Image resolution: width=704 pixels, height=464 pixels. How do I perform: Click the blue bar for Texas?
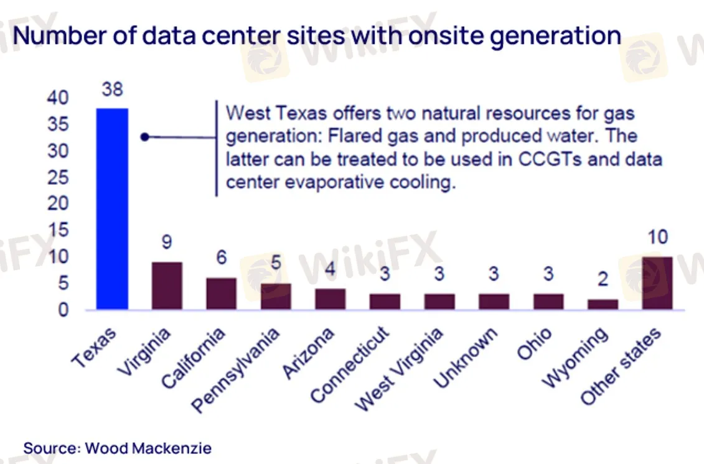pos(113,208)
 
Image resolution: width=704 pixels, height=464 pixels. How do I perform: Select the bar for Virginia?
pos(167,285)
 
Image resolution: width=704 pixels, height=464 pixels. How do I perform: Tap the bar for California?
pos(221,294)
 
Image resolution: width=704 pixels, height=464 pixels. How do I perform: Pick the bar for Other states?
pos(657,283)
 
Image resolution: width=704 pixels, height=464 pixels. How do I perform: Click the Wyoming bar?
pos(603,304)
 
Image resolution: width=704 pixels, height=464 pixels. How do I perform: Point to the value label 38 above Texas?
pos(113,89)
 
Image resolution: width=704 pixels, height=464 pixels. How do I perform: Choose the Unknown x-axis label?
pos(466,357)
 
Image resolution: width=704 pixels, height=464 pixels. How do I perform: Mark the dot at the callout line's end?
pos(144,137)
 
